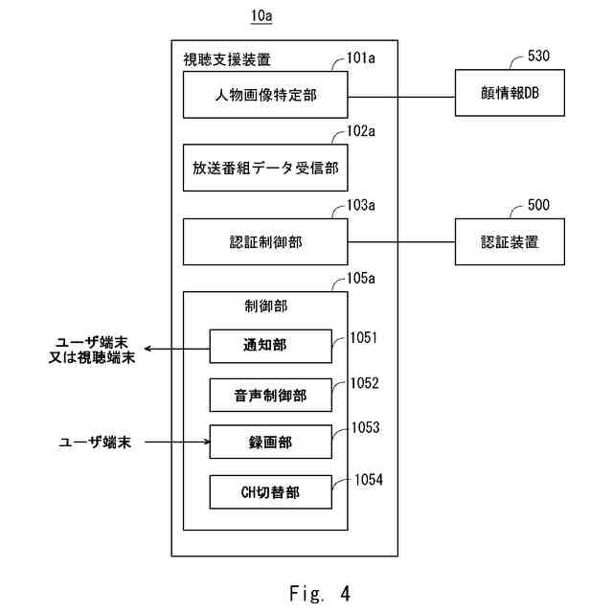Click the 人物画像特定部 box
(x=265, y=95)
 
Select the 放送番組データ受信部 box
(x=265, y=168)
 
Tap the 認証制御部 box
(x=265, y=241)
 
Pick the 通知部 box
(x=270, y=347)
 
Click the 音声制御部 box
(x=270, y=395)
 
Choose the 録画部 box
(x=270, y=442)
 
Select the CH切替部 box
(x=270, y=491)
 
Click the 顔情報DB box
(x=510, y=93)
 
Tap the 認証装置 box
(x=510, y=241)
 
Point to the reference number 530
(x=538, y=56)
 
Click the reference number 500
(x=538, y=205)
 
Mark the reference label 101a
(x=361, y=58)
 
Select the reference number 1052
(x=364, y=383)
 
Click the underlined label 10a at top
(x=261, y=16)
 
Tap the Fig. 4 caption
(x=320, y=593)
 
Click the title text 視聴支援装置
(x=227, y=59)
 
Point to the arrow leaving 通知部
(x=177, y=349)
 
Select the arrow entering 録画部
(x=177, y=442)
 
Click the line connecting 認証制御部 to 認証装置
(x=401, y=242)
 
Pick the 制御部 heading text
(x=266, y=306)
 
